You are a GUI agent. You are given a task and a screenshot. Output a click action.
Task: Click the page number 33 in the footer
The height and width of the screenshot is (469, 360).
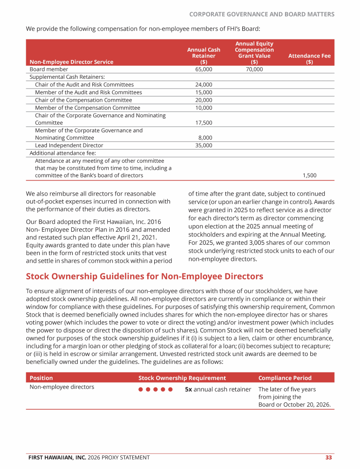coord(329,457)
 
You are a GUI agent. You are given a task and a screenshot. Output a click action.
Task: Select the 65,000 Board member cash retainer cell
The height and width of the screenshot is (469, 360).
coord(203,69)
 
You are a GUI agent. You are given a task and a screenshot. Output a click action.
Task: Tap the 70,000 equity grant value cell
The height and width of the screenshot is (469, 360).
coord(254,69)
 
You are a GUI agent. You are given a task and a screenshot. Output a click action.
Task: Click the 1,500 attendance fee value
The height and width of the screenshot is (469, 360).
coord(309,175)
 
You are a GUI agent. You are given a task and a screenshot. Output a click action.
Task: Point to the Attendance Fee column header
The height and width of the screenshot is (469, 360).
coord(309,59)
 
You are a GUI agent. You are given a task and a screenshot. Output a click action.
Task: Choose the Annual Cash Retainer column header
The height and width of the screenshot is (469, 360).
coord(203,55)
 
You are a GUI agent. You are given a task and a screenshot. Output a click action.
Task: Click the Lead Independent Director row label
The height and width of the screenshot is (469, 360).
coord(69,145)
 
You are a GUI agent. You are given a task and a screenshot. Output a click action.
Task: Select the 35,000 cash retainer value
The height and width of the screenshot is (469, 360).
coord(203,145)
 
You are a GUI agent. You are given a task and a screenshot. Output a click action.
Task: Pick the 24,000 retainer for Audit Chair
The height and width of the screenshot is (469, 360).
coord(203,85)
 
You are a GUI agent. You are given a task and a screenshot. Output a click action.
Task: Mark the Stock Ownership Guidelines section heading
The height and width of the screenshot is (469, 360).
coord(144,276)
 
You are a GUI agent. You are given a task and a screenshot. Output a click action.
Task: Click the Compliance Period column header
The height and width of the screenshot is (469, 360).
coord(285,378)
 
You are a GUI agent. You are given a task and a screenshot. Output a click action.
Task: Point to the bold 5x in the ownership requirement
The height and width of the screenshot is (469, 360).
coord(188,389)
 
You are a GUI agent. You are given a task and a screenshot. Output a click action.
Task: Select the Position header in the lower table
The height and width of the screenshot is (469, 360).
coord(41,378)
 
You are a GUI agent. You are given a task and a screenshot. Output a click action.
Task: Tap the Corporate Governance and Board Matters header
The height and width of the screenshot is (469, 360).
coord(262,14)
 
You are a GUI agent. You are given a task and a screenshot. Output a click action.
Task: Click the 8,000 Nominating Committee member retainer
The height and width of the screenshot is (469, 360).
coord(205,138)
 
